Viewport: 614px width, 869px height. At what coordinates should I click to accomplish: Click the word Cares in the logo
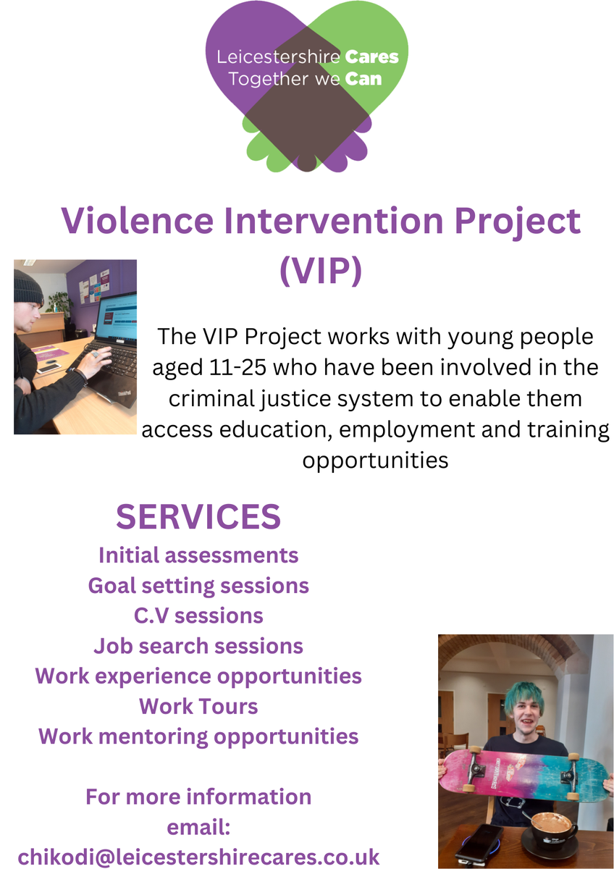371,57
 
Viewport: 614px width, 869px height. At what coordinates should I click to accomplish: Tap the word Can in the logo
363,79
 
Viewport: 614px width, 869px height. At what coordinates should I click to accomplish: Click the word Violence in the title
138,220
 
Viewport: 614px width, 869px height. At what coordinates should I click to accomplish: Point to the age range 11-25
237,367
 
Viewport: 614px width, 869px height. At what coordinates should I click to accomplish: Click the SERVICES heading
198,516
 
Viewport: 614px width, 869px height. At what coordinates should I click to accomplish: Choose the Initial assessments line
198,555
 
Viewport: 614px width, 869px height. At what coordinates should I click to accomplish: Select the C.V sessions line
198,616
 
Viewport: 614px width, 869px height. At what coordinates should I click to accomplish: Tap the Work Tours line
198,706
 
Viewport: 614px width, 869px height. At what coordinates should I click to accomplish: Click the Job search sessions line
198,646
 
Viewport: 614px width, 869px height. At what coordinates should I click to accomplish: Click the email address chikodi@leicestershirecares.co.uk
198,857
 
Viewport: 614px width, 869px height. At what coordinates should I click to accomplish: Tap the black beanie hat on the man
28,287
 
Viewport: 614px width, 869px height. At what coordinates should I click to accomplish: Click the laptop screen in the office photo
117,316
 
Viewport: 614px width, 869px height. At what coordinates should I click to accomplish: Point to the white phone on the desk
49,367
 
